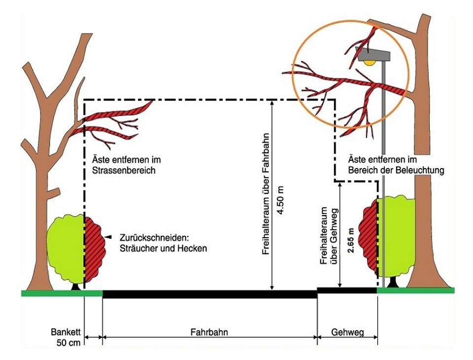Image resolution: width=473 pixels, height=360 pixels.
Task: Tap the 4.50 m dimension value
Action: click(281, 197)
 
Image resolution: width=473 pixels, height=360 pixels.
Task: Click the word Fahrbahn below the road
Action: click(209, 332)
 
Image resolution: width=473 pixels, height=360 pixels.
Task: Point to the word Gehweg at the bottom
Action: click(348, 332)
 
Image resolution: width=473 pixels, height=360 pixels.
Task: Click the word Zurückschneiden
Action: click(149, 238)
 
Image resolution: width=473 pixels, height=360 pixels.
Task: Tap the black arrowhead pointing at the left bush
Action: click(109, 238)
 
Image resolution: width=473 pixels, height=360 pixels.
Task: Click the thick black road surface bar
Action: click(209, 294)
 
